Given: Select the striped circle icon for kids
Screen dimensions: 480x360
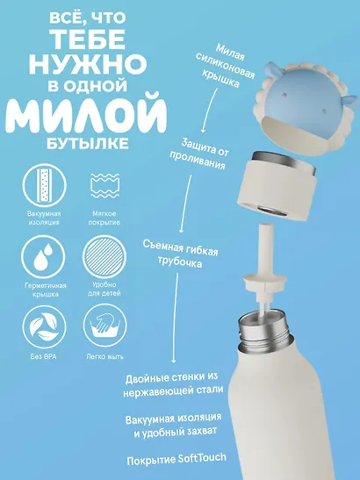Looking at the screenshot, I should [x=104, y=260].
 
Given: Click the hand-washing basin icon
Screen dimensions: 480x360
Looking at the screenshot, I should [x=104, y=327].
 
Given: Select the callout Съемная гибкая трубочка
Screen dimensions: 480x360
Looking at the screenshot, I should [x=183, y=255].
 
